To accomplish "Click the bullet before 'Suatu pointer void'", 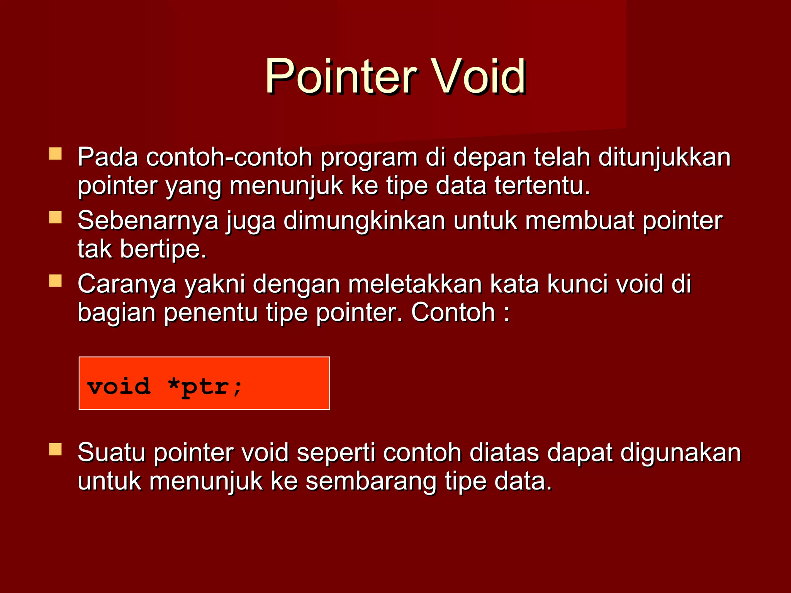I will point(56,449).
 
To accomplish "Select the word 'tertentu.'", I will point(542,186).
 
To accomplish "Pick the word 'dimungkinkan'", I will point(364,221).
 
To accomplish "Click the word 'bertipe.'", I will point(163,249).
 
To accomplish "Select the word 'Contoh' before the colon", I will point(453,313).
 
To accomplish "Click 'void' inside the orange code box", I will point(119,386).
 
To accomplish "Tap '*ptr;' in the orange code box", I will point(205,386).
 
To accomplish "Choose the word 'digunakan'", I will point(681,453).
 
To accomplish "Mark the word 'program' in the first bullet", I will point(369,158).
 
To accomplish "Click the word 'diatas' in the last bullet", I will point(504,453).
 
